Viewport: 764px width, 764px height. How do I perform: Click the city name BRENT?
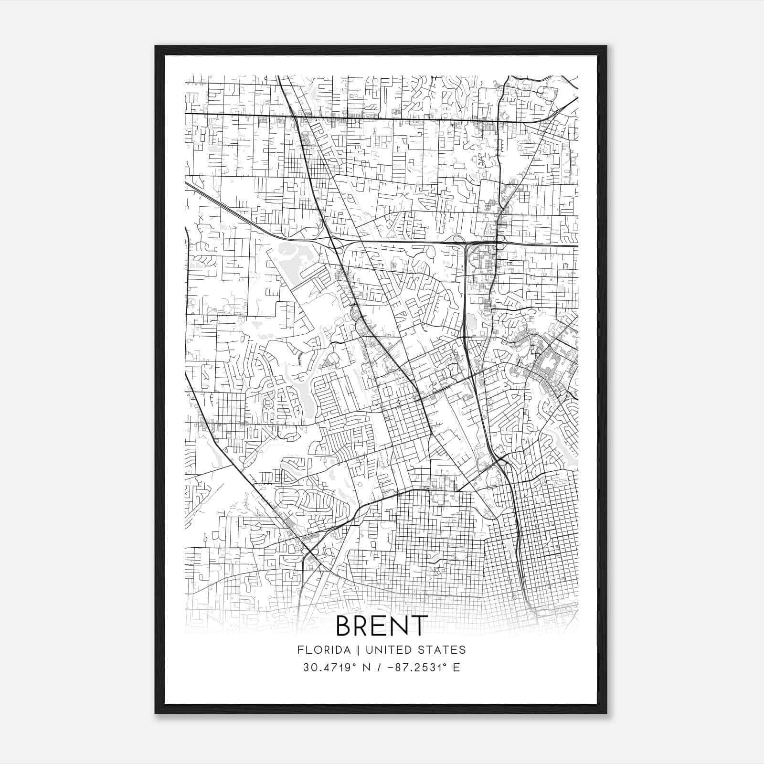(382, 626)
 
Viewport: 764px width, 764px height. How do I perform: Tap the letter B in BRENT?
(345, 626)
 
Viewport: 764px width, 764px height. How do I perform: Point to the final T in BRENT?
(418, 626)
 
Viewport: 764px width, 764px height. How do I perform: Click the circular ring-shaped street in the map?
(268, 404)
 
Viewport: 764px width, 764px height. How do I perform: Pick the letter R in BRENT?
(363, 626)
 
